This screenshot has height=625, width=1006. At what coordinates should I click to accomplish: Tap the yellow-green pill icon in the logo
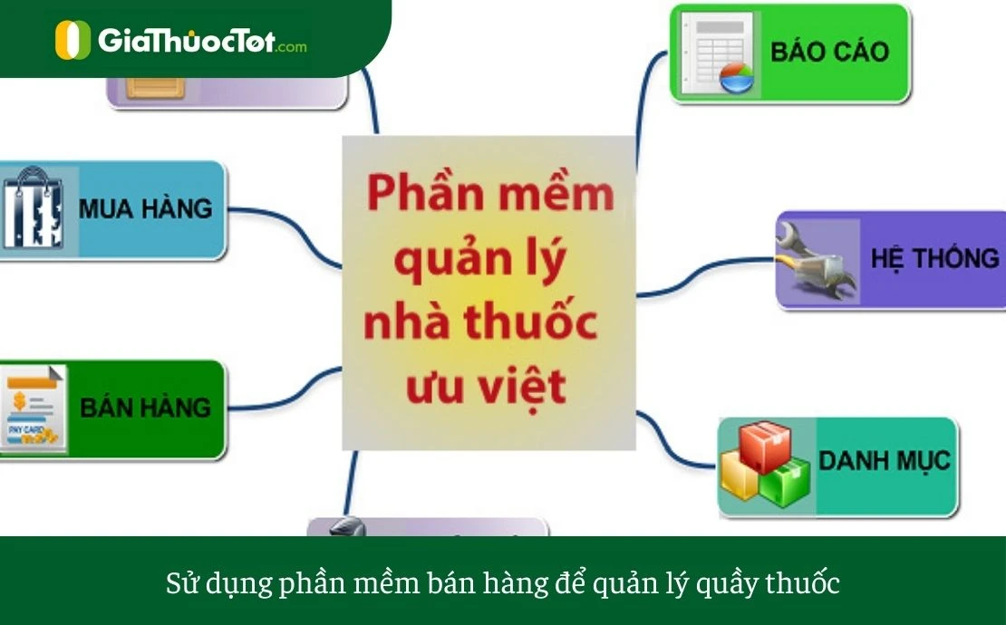tap(73, 41)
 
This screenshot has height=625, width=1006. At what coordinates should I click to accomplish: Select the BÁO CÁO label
tap(830, 51)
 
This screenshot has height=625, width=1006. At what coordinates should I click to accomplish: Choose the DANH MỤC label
tap(884, 460)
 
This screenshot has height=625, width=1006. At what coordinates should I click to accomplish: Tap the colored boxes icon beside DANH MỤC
tap(763, 464)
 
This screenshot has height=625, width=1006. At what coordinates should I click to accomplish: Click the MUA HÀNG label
tap(145, 208)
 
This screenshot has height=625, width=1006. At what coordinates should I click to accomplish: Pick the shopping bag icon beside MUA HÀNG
tap(33, 209)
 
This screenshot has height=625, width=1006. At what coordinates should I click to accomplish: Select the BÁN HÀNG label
tap(145, 408)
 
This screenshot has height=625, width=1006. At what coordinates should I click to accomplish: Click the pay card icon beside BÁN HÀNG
tap(34, 409)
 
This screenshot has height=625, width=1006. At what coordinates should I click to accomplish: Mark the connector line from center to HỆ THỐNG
tap(707, 272)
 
